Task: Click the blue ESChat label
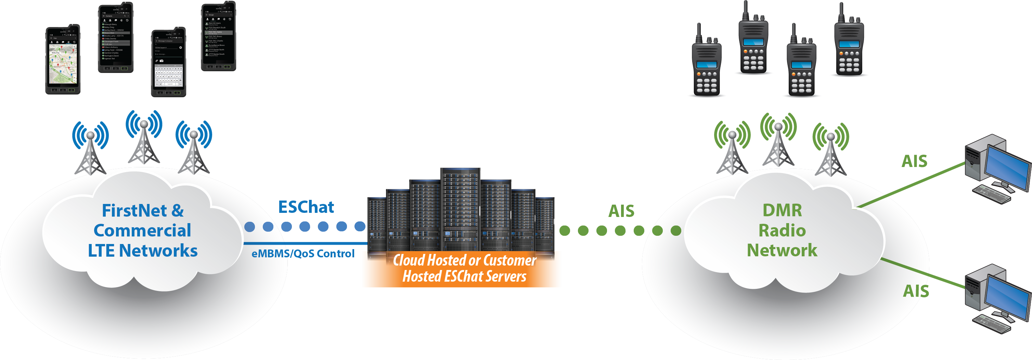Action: [306, 207]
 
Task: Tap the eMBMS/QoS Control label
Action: [303, 254]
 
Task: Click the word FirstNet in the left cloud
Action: [134, 211]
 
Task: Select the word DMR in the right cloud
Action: [782, 210]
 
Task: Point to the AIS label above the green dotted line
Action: [621, 211]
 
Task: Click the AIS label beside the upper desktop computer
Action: [915, 161]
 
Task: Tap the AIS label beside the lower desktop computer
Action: [916, 291]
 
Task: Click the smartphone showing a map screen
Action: [63, 60]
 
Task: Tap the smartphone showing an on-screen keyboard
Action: [169, 63]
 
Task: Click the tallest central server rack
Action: [460, 208]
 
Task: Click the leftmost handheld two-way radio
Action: [707, 64]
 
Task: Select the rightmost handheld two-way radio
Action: [849, 42]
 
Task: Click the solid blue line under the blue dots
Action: [305, 243]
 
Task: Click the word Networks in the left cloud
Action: [158, 251]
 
